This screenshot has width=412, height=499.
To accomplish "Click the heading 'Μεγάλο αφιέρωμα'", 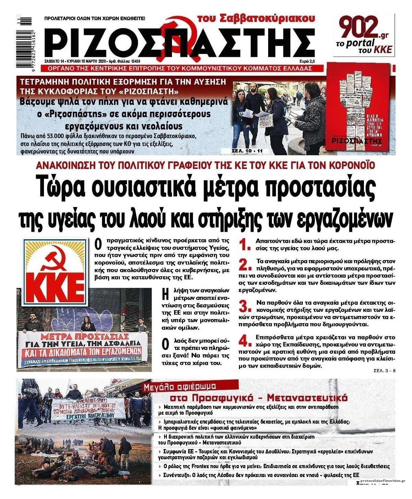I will [x=180, y=387].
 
